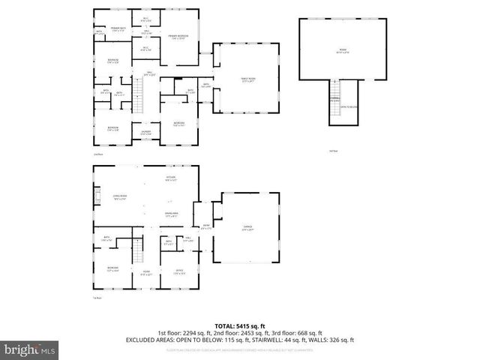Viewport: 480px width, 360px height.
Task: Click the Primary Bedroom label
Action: click(178, 37)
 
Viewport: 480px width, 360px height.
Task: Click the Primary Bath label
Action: click(118, 28)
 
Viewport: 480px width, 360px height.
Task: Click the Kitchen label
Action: click(171, 178)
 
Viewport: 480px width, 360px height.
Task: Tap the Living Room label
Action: click(118, 198)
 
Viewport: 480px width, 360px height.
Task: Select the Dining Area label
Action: click(171, 214)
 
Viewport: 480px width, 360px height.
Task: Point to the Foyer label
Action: click(146, 274)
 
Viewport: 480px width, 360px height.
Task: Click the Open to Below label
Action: click(349, 106)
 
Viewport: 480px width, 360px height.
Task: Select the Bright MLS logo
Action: click(30, 349)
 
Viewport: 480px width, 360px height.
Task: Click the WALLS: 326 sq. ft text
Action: click(333, 340)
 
